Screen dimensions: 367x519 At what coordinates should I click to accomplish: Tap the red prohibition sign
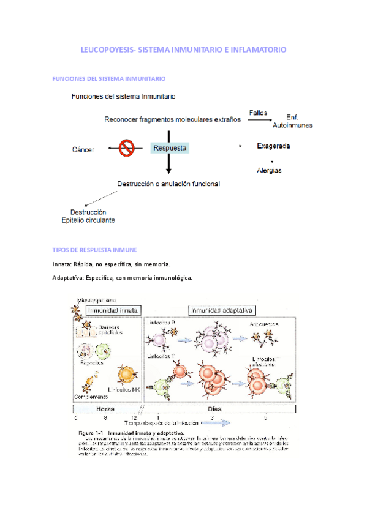pos(127,147)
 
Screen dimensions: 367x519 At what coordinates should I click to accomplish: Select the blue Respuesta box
pos(170,147)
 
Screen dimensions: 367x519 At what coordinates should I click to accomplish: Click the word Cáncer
pos(83,149)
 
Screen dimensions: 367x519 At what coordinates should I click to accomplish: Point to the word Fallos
pos(259,111)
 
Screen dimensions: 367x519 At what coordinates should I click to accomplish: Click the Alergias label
pos(269,170)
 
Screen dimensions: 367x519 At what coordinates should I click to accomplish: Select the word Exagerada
pos(273,146)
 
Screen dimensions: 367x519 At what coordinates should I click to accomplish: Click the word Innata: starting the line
pos(64,264)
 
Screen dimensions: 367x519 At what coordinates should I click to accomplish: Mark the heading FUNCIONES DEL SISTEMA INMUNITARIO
pos(109,79)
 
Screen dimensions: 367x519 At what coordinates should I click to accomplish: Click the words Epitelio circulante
pos(88,220)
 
